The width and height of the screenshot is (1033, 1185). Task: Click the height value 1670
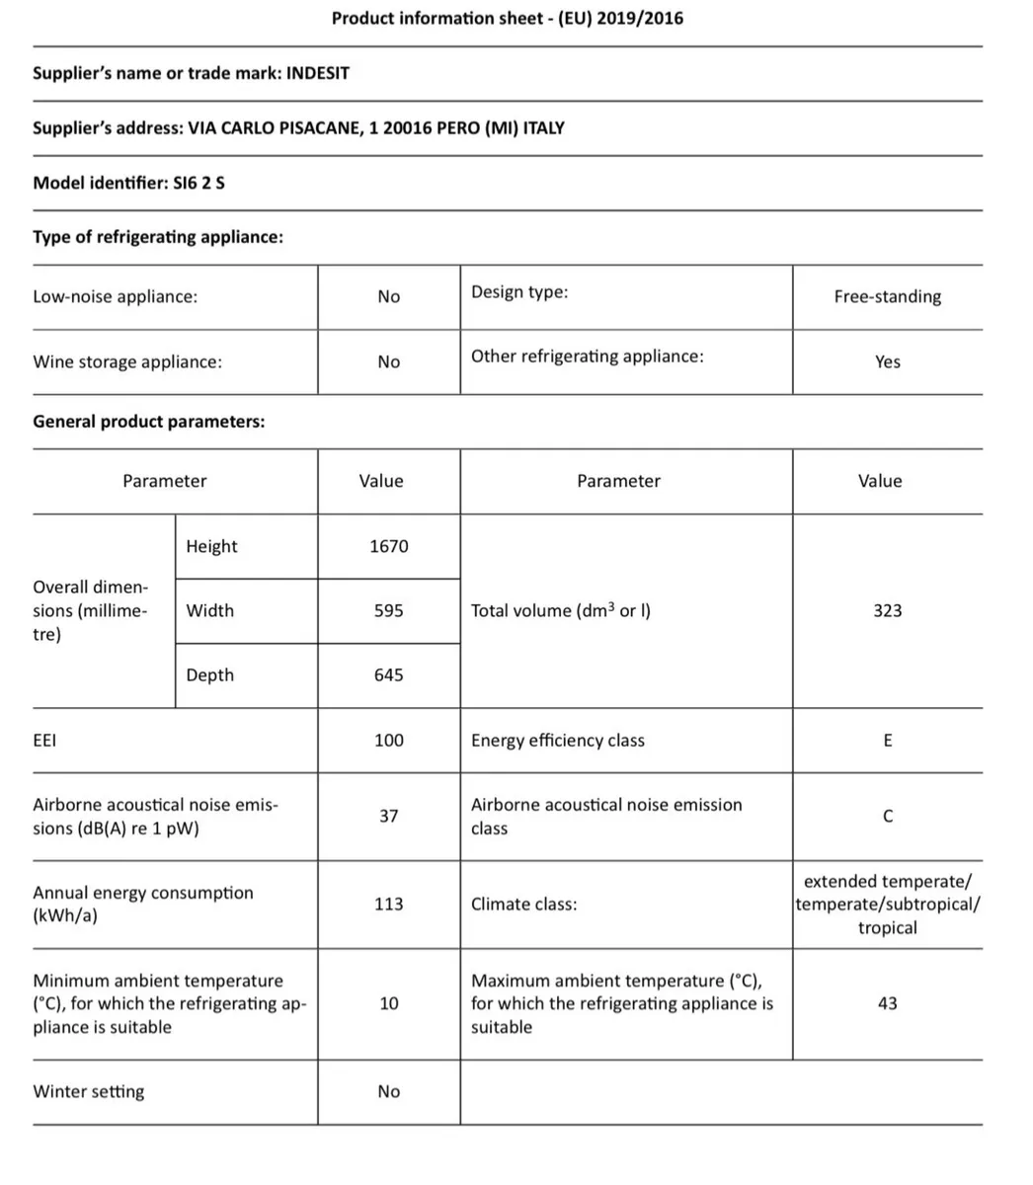[x=388, y=546]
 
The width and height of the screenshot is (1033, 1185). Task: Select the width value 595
[x=388, y=610]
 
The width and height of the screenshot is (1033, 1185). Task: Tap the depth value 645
[x=388, y=675]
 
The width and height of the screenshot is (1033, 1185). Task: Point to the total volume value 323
[x=887, y=610]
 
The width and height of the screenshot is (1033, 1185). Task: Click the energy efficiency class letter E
[x=887, y=741]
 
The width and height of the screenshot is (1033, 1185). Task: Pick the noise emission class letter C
[x=887, y=817]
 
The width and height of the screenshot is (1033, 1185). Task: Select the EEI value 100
[x=388, y=741]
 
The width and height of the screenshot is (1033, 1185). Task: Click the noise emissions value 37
[x=388, y=817]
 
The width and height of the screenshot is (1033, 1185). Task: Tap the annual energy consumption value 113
[x=388, y=904]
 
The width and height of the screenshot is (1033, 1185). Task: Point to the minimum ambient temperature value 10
[x=388, y=1003]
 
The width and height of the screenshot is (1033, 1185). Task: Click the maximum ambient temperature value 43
[x=887, y=1003]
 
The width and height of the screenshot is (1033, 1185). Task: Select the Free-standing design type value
[x=887, y=296]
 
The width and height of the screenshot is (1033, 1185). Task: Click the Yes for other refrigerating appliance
[x=887, y=362]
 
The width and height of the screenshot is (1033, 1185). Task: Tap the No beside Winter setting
[x=388, y=1091]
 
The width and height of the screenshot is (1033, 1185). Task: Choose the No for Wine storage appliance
[x=388, y=362]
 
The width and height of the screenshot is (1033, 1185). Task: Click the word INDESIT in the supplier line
[x=317, y=73]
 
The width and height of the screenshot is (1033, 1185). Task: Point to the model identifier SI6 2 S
[x=199, y=183]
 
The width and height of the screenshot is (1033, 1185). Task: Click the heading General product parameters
[x=149, y=422]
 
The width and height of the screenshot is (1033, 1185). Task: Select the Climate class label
[x=523, y=904]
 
